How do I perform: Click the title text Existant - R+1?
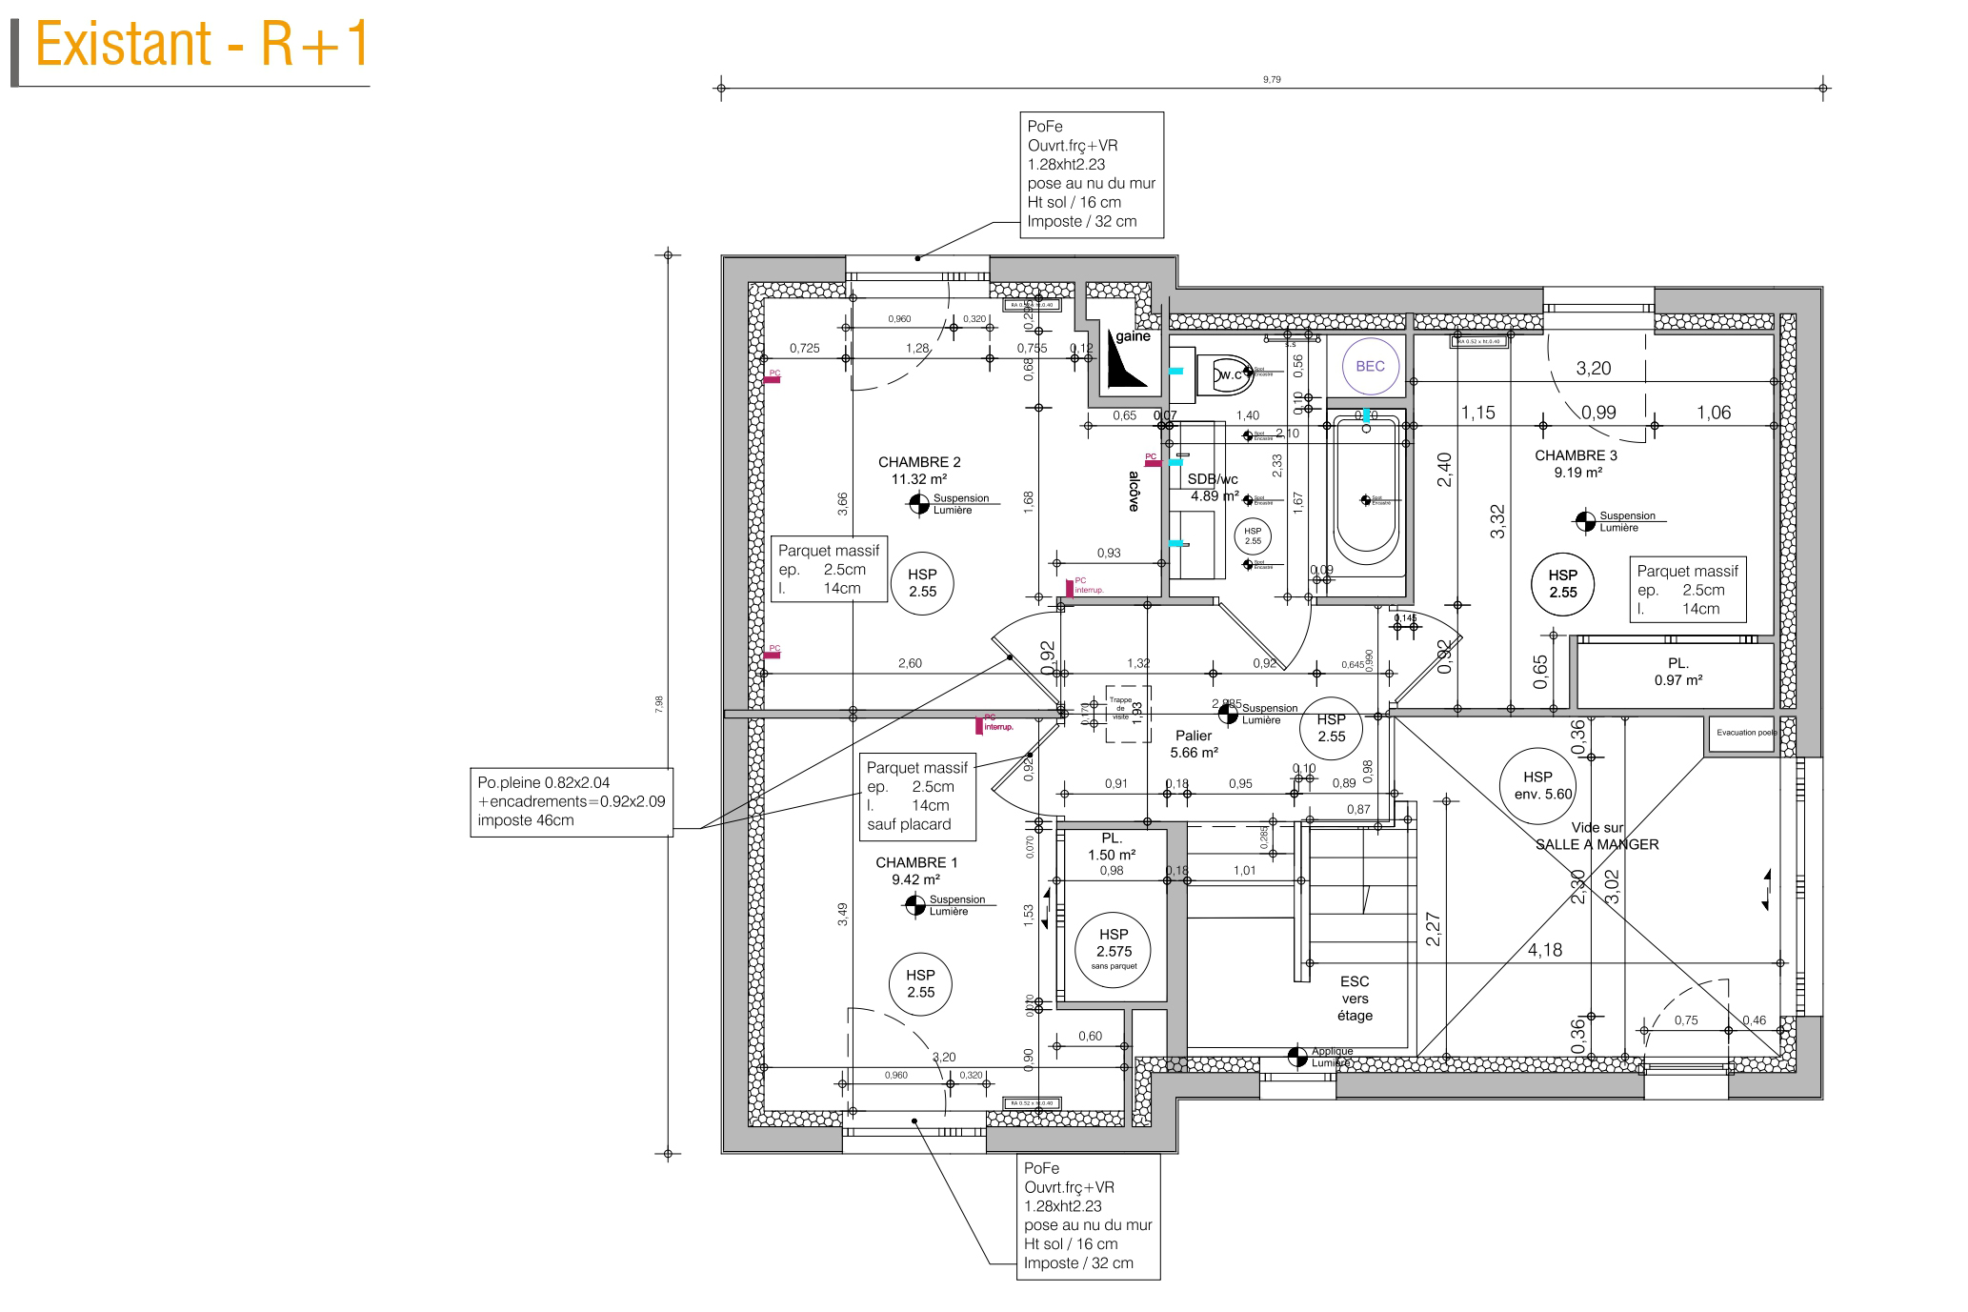pyautogui.click(x=201, y=45)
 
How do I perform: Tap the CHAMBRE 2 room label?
pyautogui.click(x=919, y=471)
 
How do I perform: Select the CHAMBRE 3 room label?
pyautogui.click(x=1576, y=463)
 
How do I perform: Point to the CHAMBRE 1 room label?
pyautogui.click(x=916, y=871)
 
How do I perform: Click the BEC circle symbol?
pyautogui.click(x=1370, y=366)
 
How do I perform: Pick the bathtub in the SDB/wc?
pyautogui.click(x=1366, y=495)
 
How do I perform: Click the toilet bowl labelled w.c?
pyautogui.click(x=1230, y=373)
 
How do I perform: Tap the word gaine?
pyautogui.click(x=1133, y=336)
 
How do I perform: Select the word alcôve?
pyautogui.click(x=1134, y=492)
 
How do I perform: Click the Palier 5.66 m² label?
pyautogui.click(x=1194, y=744)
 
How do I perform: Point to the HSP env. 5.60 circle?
pyautogui.click(x=1537, y=785)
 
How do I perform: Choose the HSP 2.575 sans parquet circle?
pyautogui.click(x=1114, y=949)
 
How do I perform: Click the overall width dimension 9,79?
pyautogui.click(x=1272, y=80)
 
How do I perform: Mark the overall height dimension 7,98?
pyautogui.click(x=659, y=704)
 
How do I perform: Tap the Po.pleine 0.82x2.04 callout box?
pyautogui.click(x=572, y=802)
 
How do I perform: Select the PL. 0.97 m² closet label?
pyautogui.click(x=1677, y=672)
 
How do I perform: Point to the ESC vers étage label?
pyautogui.click(x=1355, y=998)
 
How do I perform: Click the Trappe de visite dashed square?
pyautogui.click(x=1127, y=714)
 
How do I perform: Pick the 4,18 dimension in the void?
pyautogui.click(x=1545, y=950)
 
